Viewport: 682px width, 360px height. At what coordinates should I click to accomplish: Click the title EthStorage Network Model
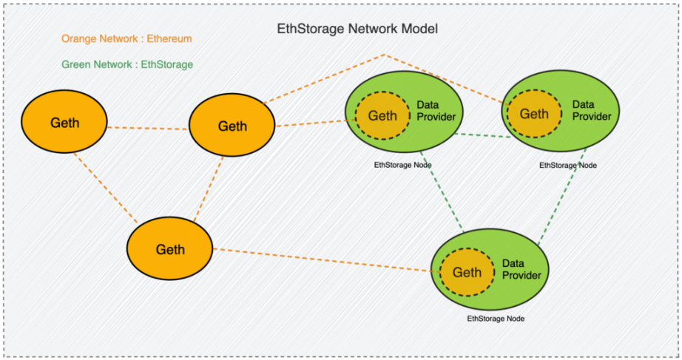click(357, 30)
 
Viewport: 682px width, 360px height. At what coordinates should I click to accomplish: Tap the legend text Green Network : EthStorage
click(127, 64)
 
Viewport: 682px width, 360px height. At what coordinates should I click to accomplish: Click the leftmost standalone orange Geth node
click(64, 123)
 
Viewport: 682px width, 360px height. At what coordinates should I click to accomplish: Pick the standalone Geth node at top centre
click(232, 126)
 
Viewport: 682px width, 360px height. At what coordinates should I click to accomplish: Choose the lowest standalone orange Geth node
click(169, 250)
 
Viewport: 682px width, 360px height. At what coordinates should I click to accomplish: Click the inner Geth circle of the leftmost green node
click(382, 115)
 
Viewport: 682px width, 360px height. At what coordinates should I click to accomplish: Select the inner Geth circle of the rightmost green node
click(534, 114)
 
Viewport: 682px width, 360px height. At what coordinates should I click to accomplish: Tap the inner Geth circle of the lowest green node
click(467, 272)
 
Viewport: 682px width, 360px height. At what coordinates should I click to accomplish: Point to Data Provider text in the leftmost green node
click(436, 111)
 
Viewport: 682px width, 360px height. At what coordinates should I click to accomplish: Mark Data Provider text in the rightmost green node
click(592, 110)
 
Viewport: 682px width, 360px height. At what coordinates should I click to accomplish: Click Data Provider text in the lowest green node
click(521, 269)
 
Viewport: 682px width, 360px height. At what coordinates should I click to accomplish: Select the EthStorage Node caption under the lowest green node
click(496, 319)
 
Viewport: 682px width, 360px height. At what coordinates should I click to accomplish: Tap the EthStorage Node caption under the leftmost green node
click(403, 165)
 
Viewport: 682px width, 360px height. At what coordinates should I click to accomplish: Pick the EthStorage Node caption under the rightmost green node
click(568, 166)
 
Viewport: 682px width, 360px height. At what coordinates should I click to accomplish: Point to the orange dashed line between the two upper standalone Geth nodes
click(148, 128)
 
